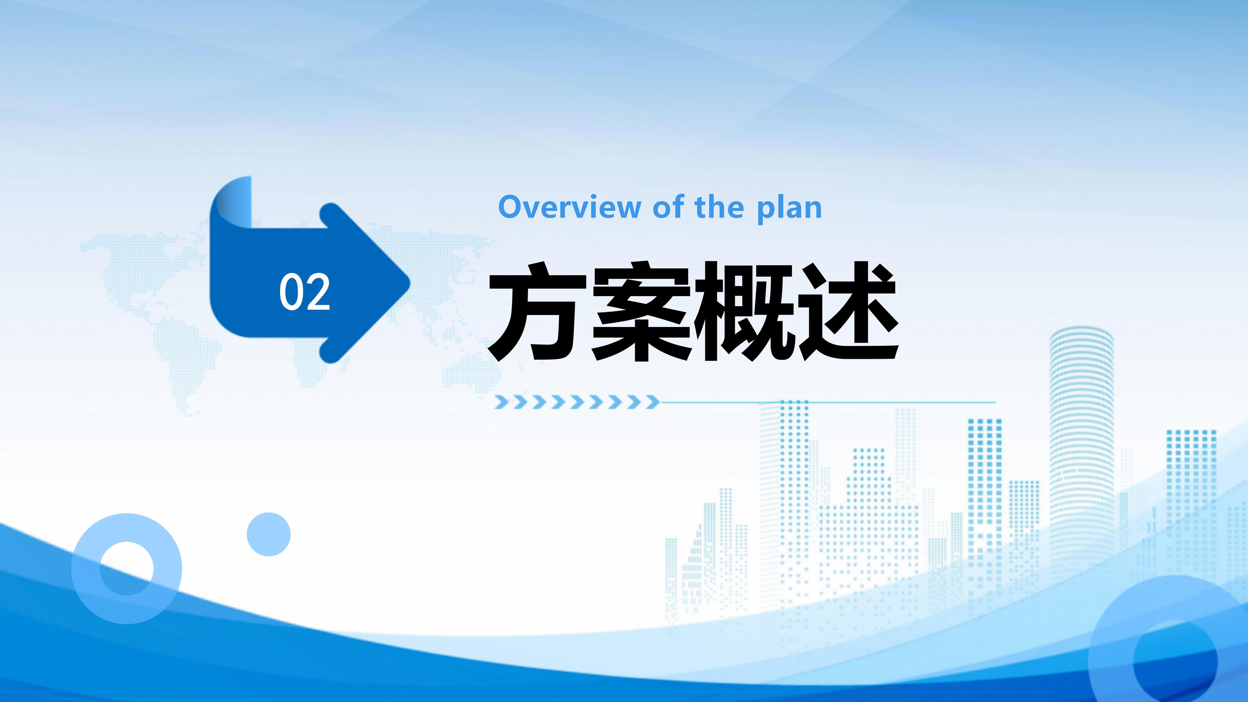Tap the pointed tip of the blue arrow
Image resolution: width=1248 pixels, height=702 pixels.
(410, 282)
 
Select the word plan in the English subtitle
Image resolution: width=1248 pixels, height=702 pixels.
(789, 209)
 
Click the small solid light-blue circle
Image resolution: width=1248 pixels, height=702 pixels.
(268, 534)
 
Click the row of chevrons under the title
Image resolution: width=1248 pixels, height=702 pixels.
(577, 402)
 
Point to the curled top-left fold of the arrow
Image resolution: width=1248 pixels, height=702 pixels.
(232, 201)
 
